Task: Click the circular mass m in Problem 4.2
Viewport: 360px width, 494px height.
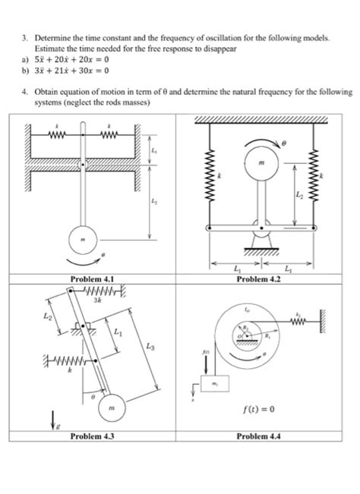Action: point(261,164)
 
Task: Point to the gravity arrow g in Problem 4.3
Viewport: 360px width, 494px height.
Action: point(32,415)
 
